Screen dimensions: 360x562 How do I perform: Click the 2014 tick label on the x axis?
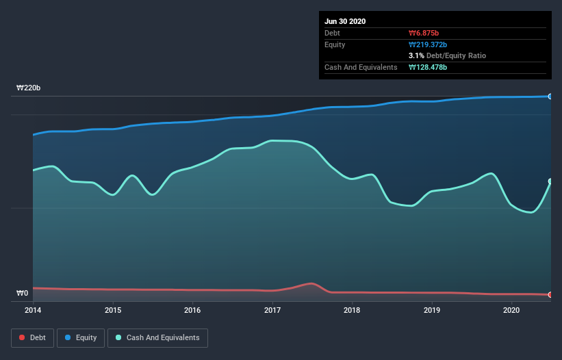pos(33,310)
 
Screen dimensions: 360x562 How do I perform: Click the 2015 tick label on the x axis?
pos(113,310)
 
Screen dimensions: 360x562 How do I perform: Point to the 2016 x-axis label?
pos(193,310)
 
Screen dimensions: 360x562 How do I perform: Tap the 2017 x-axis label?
pos(272,310)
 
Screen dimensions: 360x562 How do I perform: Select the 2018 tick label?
pos(352,310)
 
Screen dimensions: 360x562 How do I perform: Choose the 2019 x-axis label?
pos(432,310)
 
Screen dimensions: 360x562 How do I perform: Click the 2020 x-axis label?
pos(511,310)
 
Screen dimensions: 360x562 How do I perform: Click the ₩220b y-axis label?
pos(29,88)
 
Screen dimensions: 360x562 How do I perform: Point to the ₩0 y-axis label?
pos(23,294)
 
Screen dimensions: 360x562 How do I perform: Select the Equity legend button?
pos(81,337)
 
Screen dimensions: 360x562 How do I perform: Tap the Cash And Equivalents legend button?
pos(157,337)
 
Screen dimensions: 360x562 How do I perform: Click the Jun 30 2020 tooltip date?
pos(346,21)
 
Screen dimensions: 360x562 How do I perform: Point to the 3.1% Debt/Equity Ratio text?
pos(447,55)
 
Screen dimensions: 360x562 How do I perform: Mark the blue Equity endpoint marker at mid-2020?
pos(550,97)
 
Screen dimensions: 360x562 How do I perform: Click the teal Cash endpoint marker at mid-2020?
pos(550,181)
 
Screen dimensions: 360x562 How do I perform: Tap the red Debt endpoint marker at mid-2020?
pos(550,295)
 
